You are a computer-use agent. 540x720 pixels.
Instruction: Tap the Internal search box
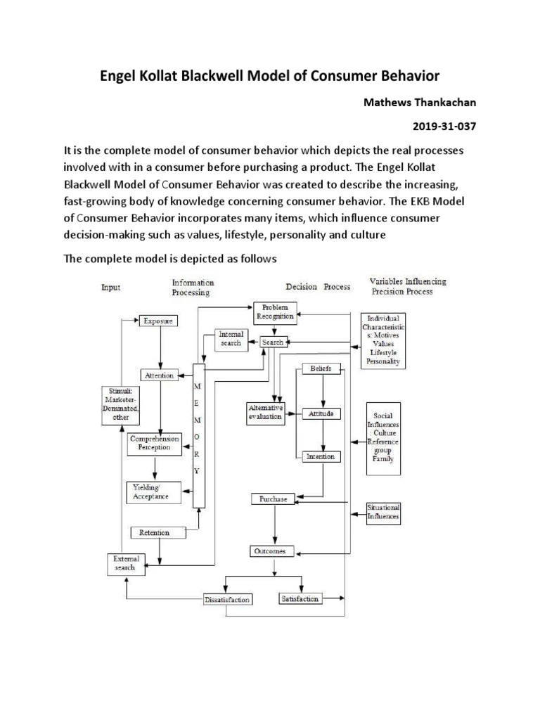point(231,338)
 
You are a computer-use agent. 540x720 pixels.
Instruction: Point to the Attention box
point(159,375)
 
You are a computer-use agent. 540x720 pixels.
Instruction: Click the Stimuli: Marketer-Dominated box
point(120,404)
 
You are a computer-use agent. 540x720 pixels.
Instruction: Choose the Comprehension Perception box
point(154,442)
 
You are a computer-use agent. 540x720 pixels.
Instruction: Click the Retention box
point(155,532)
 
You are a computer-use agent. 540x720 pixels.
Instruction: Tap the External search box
point(127,563)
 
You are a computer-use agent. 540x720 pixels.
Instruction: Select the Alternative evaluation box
point(266,412)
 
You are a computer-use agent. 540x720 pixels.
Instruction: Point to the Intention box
point(321,456)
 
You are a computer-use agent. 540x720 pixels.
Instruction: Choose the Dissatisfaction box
point(227,600)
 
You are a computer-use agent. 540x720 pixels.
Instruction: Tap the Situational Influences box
point(383,512)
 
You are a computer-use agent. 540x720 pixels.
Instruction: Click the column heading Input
point(111,287)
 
